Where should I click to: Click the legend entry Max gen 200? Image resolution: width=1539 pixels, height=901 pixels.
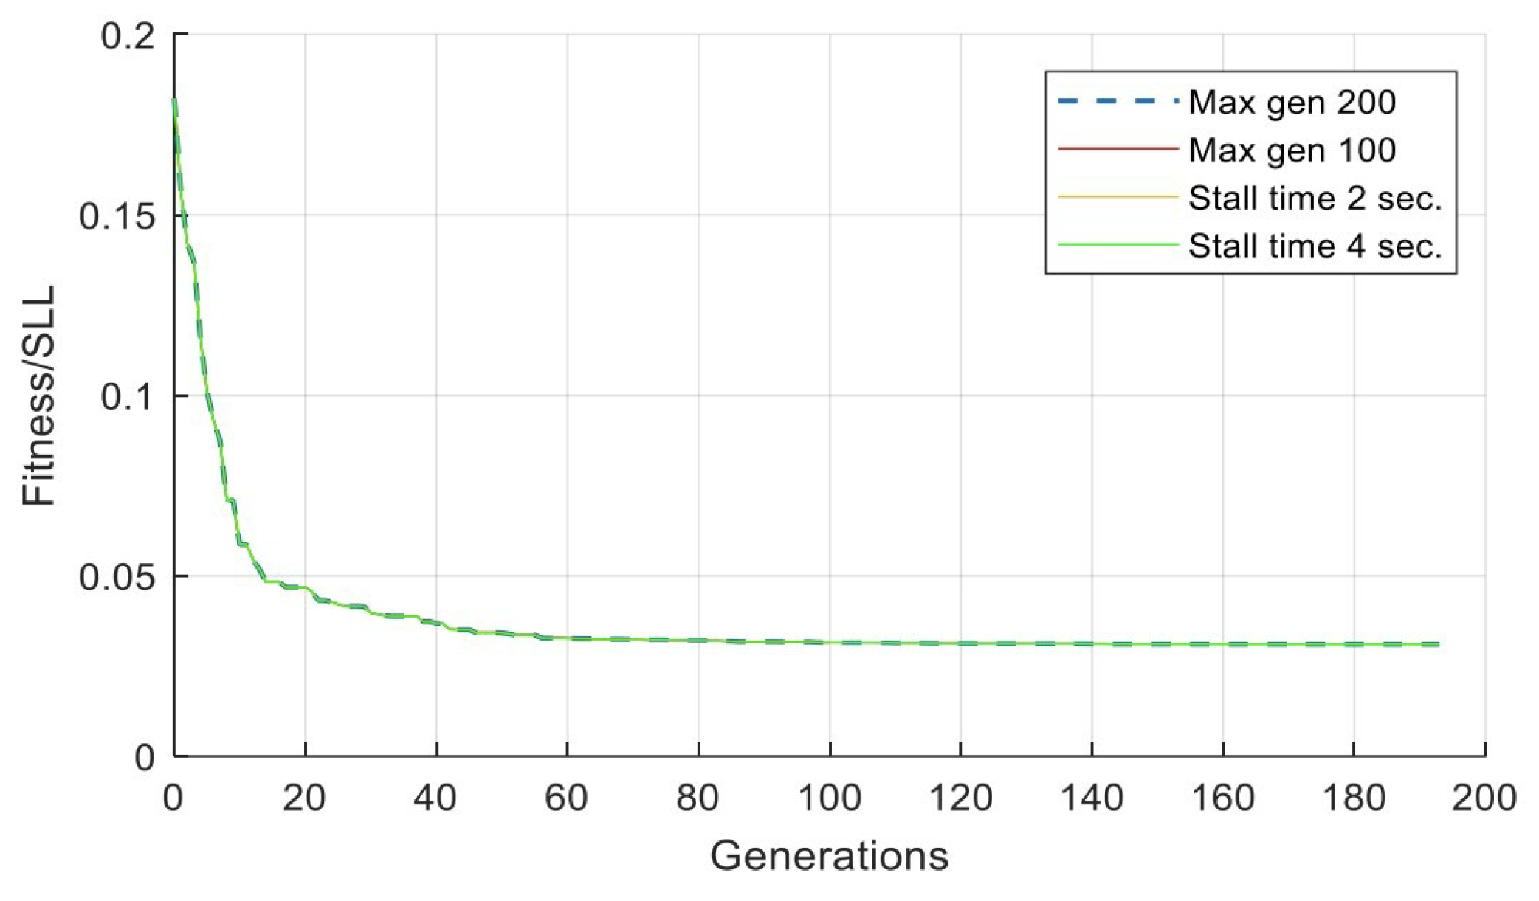point(1292,102)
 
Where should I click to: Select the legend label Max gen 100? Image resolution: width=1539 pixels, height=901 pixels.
point(1292,150)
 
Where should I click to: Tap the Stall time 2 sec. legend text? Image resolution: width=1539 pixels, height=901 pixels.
point(1315,198)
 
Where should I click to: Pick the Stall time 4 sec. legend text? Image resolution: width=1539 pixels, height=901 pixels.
point(1315,246)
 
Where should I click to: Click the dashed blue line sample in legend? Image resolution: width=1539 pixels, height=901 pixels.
point(1118,101)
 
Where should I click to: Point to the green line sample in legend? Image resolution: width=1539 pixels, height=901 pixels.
point(1118,244)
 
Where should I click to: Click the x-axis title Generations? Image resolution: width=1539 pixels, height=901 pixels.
point(829,856)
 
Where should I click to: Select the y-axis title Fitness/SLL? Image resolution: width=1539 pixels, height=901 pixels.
point(38,396)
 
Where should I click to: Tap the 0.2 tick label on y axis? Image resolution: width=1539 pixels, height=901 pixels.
point(128,35)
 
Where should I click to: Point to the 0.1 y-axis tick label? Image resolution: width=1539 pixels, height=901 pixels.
point(128,396)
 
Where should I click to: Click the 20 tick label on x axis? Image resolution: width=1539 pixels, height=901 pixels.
point(304,798)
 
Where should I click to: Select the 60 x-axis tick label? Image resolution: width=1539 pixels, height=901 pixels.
point(566,798)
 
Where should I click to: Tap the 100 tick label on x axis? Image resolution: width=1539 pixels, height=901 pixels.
point(829,798)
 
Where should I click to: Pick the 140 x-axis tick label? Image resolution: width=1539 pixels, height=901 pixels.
point(1091,798)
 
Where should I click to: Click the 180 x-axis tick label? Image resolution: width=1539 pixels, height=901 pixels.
point(1353,798)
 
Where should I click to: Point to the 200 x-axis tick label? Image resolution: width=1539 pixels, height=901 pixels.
point(1484,798)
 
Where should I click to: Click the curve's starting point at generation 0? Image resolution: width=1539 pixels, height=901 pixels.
point(174,100)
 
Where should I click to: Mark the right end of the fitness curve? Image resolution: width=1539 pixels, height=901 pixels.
point(1439,644)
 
